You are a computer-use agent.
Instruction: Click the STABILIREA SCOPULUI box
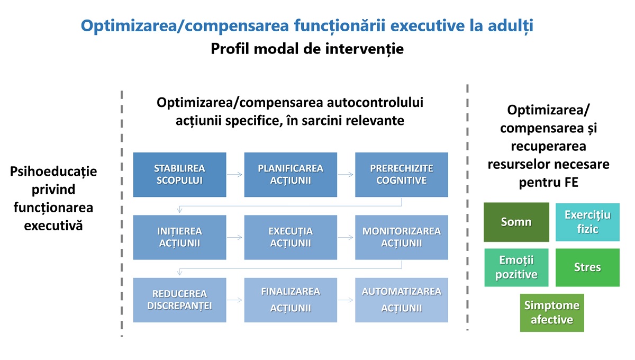pyautogui.click(x=180, y=175)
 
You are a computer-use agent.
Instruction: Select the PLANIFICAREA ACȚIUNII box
pyautogui.click(x=291, y=175)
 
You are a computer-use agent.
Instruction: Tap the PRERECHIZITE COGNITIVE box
pyautogui.click(x=402, y=175)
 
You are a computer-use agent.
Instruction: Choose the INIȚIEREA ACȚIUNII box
pyautogui.click(x=180, y=238)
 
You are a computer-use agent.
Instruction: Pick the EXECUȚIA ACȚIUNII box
pyautogui.click(x=291, y=238)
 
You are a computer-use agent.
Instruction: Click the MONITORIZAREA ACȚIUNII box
pyautogui.click(x=402, y=238)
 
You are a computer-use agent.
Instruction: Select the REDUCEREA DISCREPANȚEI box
pyautogui.click(x=180, y=300)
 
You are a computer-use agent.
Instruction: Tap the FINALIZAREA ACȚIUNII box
pyautogui.click(x=291, y=300)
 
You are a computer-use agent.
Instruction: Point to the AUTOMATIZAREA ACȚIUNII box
pyautogui.click(x=402, y=300)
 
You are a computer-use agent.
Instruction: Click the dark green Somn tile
pyautogui.click(x=516, y=222)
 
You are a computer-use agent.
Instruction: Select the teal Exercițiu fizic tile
pyautogui.click(x=587, y=222)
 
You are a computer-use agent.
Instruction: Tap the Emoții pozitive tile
pyautogui.click(x=516, y=267)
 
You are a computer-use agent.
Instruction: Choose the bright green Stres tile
pyautogui.click(x=587, y=267)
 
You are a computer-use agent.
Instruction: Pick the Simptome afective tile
pyautogui.click(x=552, y=313)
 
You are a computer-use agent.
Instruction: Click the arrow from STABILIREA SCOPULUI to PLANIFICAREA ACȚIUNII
pyautogui.click(x=235, y=175)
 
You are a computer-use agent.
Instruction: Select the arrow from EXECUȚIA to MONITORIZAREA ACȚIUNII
pyautogui.click(x=346, y=237)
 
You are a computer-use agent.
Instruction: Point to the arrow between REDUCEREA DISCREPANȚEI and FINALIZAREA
pyautogui.click(x=235, y=300)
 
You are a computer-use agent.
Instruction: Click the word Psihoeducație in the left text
pyautogui.click(x=53, y=172)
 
